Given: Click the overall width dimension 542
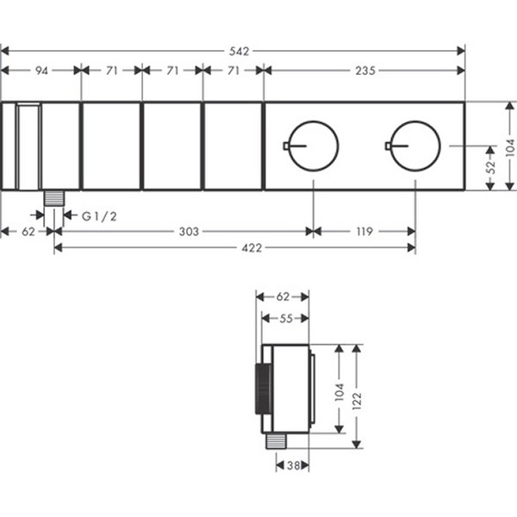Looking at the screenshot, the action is coord(239,52).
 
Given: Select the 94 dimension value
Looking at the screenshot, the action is coord(42,71).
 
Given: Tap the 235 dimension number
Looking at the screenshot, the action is coord(365,71).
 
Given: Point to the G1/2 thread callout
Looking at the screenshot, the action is coord(99,216).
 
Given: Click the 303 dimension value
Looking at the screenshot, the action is coord(189,232).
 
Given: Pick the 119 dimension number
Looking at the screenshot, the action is coord(364,232).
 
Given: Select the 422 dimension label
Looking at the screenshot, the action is coord(252,248).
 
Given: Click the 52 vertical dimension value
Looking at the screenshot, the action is coord(491,167).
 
